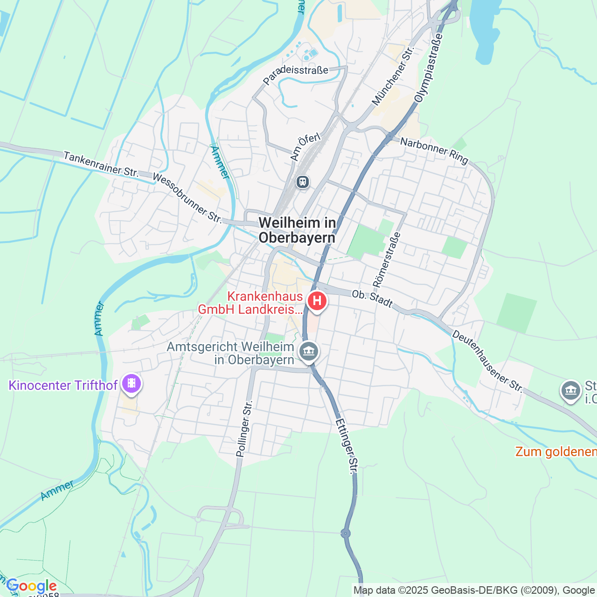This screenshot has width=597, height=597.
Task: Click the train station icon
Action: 303,181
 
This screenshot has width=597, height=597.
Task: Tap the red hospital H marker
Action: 317,300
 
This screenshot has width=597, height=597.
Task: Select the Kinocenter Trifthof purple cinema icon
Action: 132,384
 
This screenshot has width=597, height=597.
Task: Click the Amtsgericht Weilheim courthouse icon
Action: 309,351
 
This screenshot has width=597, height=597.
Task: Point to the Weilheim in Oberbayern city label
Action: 297,230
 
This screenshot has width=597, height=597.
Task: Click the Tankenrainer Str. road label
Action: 101,164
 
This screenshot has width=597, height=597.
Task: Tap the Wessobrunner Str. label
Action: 187,198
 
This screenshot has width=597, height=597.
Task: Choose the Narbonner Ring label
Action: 434,150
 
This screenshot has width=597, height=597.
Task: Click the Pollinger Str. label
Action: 244,428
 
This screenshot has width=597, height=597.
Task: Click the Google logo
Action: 32,586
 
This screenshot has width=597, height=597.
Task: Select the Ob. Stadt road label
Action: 372,298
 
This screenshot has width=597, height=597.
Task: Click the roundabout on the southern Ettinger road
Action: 346,533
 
